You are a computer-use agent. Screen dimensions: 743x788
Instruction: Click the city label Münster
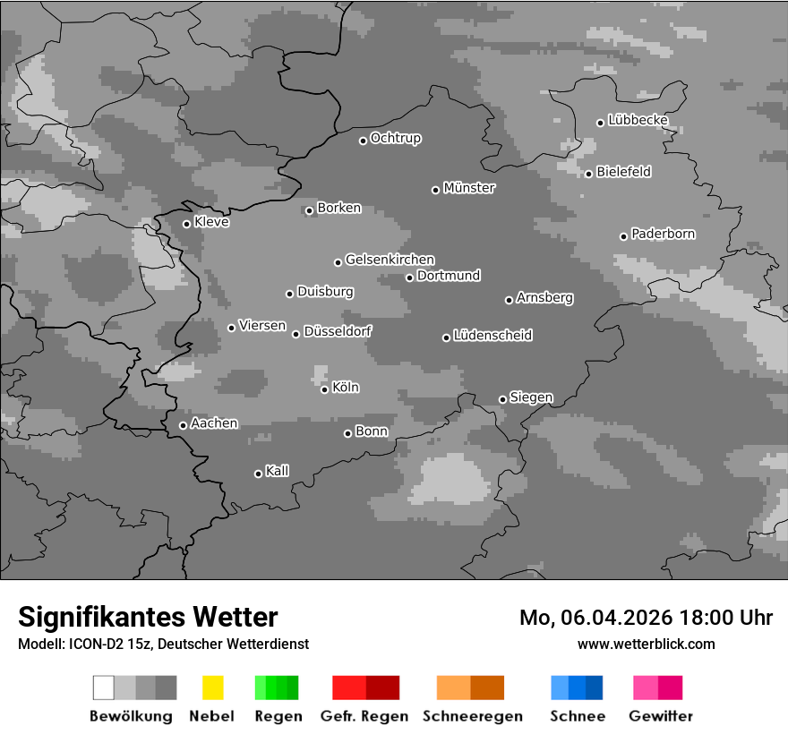pos(469,188)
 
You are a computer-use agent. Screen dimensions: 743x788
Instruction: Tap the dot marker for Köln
pos(324,389)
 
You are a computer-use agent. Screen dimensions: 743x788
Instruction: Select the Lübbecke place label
pos(638,120)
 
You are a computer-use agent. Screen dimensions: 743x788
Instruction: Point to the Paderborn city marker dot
pos(623,236)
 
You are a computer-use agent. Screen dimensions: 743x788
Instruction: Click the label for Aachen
pos(214,423)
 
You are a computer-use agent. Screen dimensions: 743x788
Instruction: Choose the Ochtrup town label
pos(396,138)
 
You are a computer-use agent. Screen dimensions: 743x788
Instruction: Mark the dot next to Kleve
pos(186,224)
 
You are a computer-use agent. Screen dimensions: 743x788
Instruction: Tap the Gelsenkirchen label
pos(390,260)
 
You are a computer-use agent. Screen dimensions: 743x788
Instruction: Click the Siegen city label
pos(531,397)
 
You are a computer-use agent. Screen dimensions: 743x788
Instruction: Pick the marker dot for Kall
pos(258,474)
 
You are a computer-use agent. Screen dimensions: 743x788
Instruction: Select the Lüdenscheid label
pos(492,335)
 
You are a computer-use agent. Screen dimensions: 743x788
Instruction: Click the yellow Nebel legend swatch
pos(212,687)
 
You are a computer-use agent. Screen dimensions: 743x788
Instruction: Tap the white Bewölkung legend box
pos(104,687)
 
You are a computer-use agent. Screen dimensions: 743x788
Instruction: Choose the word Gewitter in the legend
pos(660,716)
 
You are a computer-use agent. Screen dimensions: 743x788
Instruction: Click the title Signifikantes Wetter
pos(148,617)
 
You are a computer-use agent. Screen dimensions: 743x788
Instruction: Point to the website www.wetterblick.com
pos(646,644)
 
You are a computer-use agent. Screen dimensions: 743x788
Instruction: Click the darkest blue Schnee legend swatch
pos(595,687)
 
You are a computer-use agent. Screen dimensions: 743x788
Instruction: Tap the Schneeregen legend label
pos(472,716)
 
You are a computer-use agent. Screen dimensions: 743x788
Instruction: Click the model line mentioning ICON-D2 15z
pos(163,644)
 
